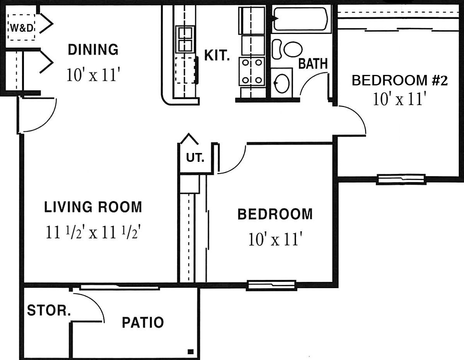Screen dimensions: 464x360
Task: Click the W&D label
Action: [x=22, y=28]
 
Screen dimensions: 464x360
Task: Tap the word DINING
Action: [x=93, y=49]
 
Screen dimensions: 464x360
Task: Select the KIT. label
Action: [x=217, y=55]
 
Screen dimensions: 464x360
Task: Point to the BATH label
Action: [x=313, y=64]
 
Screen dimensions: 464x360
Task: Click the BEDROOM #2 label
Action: [x=399, y=81]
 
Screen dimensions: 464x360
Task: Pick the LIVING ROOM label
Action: [x=93, y=207]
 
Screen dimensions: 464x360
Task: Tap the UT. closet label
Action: [x=195, y=158]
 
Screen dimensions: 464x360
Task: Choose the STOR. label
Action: [x=49, y=310]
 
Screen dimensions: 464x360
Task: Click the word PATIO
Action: [x=143, y=322]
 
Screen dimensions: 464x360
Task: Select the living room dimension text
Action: [x=93, y=232]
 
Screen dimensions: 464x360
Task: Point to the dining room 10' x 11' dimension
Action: [x=93, y=75]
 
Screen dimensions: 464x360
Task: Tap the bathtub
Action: [x=301, y=19]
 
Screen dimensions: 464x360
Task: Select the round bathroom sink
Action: [x=281, y=83]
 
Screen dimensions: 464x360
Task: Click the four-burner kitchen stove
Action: [x=252, y=71]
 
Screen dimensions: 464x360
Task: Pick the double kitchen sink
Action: [x=185, y=39]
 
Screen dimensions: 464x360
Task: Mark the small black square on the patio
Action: [x=191, y=352]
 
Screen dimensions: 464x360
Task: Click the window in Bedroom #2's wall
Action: [x=401, y=179]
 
